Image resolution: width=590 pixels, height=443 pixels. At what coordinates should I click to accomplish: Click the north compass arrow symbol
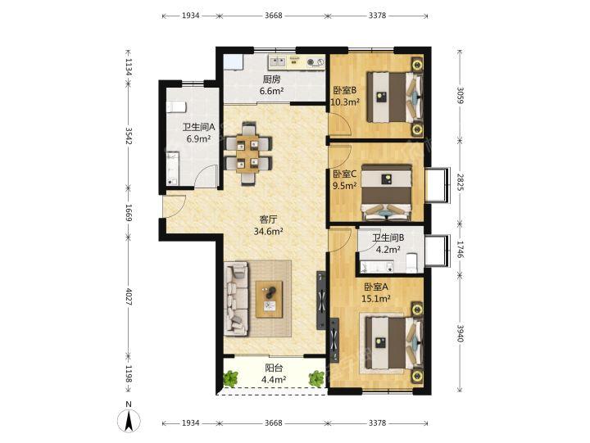[129, 419]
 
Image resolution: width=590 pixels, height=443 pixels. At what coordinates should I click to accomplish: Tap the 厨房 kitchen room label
[272, 79]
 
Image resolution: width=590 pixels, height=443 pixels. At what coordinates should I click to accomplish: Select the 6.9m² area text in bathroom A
[198, 138]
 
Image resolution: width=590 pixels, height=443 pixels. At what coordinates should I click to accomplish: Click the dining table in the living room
[248, 153]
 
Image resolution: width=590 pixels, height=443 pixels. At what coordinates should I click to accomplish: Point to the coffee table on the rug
[269, 300]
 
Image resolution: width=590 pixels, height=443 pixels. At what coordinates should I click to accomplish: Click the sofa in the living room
[236, 299]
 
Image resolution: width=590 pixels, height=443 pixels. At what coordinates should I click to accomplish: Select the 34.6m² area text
[268, 231]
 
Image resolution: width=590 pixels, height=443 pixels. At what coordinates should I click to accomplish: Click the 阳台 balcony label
[274, 368]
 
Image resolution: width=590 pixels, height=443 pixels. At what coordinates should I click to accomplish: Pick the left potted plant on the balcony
[230, 378]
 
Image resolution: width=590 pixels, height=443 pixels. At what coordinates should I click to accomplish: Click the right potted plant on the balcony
[316, 378]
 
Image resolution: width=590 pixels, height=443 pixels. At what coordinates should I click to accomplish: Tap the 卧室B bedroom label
[345, 90]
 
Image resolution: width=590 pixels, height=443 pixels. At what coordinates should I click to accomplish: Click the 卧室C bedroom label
[345, 174]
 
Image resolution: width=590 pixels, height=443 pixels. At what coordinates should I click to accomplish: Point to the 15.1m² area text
[375, 299]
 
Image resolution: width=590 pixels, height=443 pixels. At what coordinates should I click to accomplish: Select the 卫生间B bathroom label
[388, 237]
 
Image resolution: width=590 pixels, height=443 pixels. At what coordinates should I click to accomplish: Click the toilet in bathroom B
[411, 262]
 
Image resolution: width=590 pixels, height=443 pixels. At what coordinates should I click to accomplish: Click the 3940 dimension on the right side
[460, 333]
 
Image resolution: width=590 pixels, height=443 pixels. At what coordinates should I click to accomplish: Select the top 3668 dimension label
[274, 16]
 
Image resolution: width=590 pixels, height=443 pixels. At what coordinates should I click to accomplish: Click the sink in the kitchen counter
[278, 61]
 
